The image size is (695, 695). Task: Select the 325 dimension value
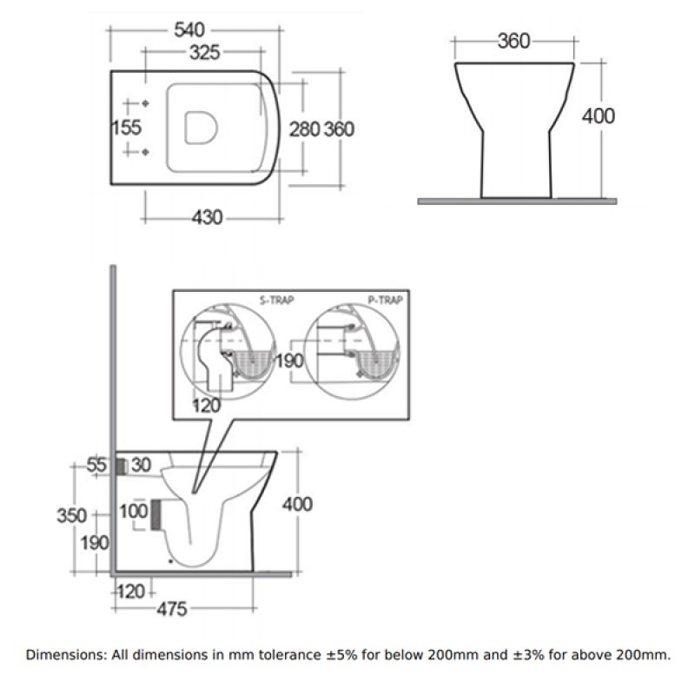tap(202, 54)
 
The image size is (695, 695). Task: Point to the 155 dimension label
tap(127, 128)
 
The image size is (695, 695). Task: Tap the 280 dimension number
tap(303, 129)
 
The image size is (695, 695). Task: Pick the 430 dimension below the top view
tap(207, 217)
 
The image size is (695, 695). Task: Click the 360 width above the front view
tap(513, 42)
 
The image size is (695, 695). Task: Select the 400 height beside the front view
tap(598, 116)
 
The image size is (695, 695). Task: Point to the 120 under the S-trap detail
tap(208, 405)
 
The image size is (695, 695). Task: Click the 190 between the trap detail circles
tap(290, 360)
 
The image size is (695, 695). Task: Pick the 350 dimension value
tap(72, 515)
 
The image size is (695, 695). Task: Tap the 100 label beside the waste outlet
tap(134, 512)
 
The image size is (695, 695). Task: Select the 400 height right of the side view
tap(297, 504)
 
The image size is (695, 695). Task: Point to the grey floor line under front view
tap(516, 201)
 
